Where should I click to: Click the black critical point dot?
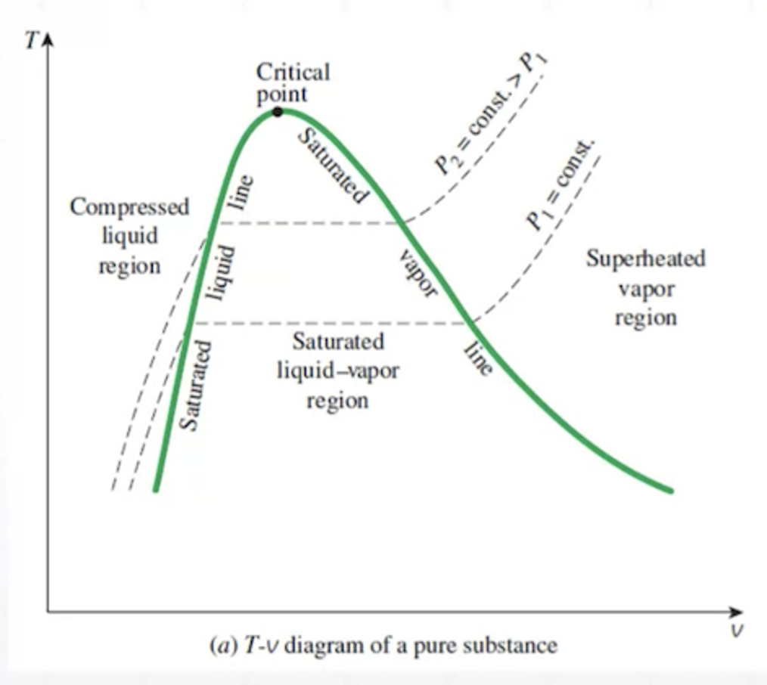(278, 112)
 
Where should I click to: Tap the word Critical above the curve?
(293, 73)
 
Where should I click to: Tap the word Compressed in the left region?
(129, 207)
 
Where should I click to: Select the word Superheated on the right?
(645, 259)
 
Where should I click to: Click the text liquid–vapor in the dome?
(337, 371)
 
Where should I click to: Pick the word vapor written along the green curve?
(418, 273)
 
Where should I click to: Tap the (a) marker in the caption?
(221, 646)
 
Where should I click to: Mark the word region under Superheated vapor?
(645, 318)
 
